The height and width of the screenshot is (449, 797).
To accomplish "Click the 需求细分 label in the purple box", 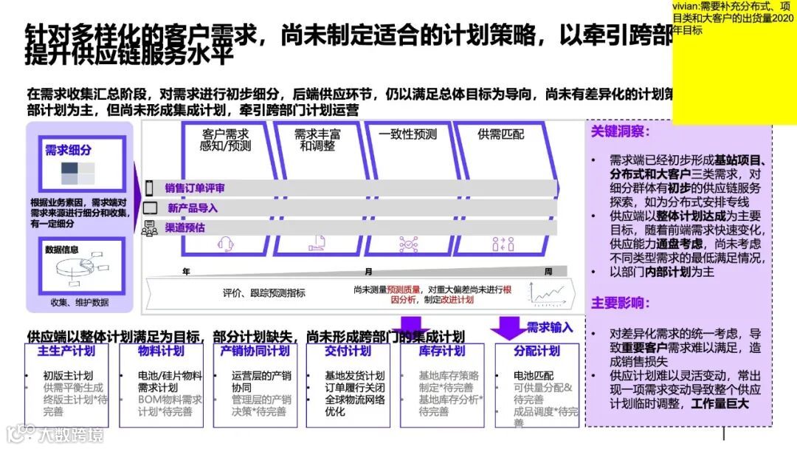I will click(x=68, y=151).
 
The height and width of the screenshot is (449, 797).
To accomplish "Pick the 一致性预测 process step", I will click(x=407, y=134).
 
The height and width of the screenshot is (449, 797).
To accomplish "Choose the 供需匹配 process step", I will click(x=500, y=134).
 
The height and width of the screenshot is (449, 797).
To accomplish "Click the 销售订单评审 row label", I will click(x=195, y=188).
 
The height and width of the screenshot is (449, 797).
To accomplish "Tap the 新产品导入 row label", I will click(x=193, y=208).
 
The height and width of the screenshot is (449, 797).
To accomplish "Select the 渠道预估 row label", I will click(x=184, y=227).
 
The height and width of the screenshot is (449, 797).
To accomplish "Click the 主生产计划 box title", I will click(x=66, y=351).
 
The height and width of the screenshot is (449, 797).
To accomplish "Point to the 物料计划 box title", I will click(x=161, y=351).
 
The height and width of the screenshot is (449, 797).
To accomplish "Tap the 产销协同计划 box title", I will click(x=255, y=351).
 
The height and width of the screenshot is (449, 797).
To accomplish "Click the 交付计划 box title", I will click(x=348, y=351).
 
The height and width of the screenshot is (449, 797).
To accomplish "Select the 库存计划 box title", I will click(x=442, y=351).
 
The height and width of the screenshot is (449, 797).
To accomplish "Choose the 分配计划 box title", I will click(x=536, y=351).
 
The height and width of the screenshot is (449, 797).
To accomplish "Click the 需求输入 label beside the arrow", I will click(x=549, y=327).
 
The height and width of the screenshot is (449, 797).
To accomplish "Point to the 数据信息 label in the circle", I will click(x=61, y=250).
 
